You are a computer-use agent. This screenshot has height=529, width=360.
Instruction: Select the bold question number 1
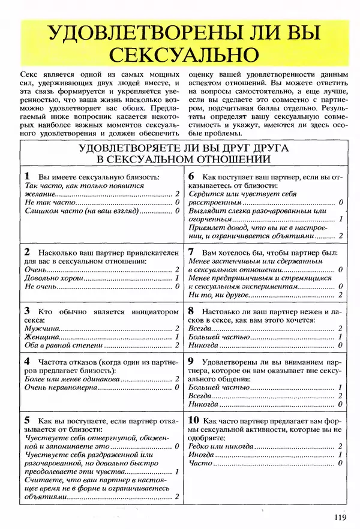click(x=27, y=177)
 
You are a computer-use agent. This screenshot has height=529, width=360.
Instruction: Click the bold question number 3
click(x=27, y=311)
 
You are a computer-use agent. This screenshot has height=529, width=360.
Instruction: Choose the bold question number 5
click(x=27, y=419)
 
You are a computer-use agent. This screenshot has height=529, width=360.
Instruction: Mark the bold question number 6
click(x=191, y=177)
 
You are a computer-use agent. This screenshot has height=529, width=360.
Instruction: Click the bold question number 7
click(x=191, y=252)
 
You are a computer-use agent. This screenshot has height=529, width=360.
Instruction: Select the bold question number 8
click(x=191, y=311)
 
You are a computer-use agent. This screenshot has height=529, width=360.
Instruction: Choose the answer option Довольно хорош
click(x=51, y=278)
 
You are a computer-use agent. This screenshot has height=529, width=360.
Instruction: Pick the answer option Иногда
click(x=200, y=455)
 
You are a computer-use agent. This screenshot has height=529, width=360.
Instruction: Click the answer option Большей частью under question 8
click(x=211, y=337)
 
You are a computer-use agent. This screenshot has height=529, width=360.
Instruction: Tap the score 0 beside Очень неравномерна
click(x=177, y=388)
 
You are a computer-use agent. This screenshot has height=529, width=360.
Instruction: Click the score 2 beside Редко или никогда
click(x=340, y=447)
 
